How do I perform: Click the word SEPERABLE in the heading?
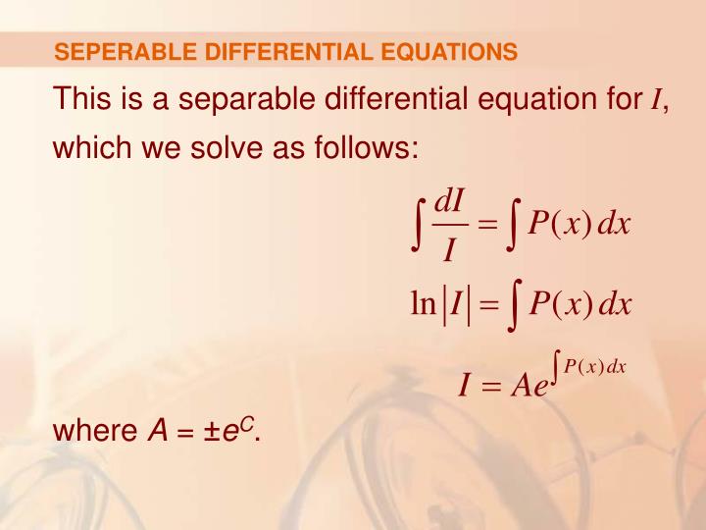point(111,52)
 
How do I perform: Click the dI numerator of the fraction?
point(449,201)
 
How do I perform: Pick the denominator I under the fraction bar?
point(449,251)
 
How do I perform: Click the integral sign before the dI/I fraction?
point(419,225)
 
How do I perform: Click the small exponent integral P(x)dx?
point(588,367)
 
